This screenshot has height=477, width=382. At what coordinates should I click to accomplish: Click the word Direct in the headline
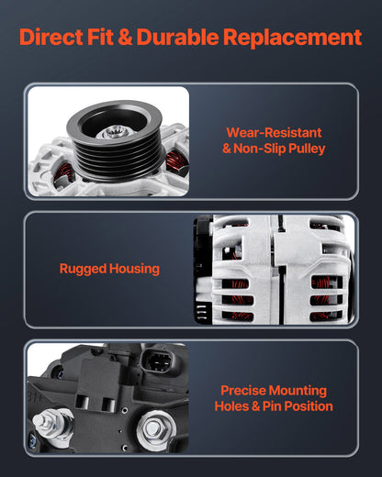tap(51, 38)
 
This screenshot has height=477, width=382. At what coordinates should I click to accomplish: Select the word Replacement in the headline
tap(293, 38)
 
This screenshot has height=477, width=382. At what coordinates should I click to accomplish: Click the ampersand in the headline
tap(125, 38)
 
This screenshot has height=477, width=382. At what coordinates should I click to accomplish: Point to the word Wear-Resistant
tap(274, 133)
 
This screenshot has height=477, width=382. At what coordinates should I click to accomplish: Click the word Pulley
tap(307, 150)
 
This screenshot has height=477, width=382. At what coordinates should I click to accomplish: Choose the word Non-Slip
tap(260, 149)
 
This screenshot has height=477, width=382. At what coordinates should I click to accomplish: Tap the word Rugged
tap(83, 269)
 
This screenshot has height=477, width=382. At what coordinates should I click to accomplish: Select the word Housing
tap(134, 269)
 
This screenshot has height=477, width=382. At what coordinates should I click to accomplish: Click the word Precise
tap(243, 391)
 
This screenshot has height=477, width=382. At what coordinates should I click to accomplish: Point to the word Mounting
tap(298, 391)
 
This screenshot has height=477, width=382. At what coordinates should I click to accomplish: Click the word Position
tap(309, 406)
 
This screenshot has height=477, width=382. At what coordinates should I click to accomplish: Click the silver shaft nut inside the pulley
tap(112, 133)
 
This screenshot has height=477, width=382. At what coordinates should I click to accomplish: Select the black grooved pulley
tap(114, 140)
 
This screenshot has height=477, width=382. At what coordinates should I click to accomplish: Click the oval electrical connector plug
tap(156, 361)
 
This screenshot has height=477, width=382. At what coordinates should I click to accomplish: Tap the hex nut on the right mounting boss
tap(152, 429)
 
